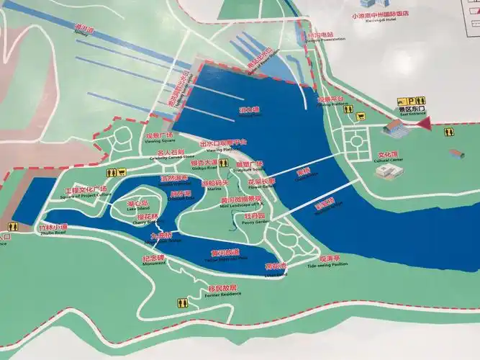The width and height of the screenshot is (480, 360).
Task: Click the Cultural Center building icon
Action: tap(389, 171)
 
